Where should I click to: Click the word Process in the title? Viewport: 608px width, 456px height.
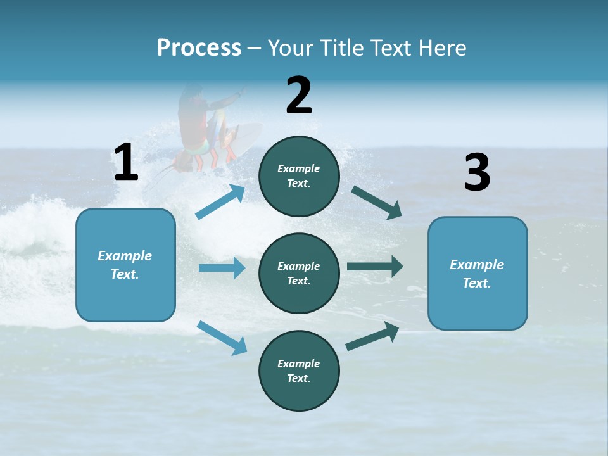tap(199, 48)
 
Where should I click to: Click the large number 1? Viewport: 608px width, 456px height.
tap(126, 162)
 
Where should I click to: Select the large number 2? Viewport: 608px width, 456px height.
tap(299, 96)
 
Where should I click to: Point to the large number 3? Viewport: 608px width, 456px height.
tap(477, 173)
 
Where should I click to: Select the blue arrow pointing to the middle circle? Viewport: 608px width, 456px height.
tap(222, 268)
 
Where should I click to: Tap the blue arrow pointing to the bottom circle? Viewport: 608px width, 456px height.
tap(222, 338)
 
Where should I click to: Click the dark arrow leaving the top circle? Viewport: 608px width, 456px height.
tap(376, 202)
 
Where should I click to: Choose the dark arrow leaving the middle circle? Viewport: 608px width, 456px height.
tap(375, 267)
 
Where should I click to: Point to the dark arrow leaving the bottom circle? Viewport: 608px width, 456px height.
tap(372, 336)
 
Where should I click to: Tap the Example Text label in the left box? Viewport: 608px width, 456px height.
tap(125, 265)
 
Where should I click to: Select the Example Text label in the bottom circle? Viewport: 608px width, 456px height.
tap(299, 371)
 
